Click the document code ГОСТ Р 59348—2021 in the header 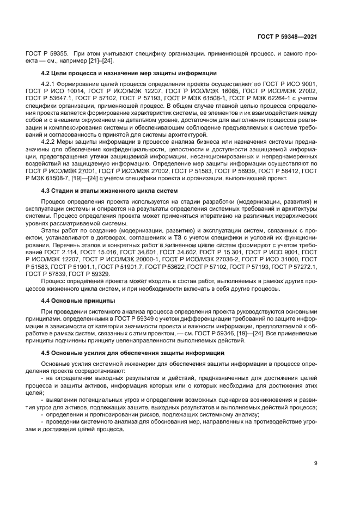point(286,36)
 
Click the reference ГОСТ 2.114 point(57,253)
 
